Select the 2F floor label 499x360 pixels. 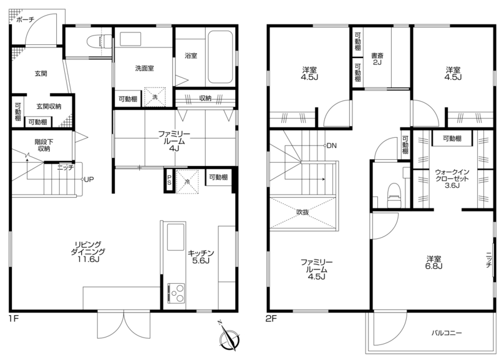[271, 318]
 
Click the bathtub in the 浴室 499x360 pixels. [220, 57]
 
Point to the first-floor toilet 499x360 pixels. [99, 42]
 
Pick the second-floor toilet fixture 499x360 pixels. [394, 195]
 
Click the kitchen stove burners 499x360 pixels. [176, 293]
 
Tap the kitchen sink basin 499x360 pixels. [175, 237]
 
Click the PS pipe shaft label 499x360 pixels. [169, 180]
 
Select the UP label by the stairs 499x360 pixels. [89, 180]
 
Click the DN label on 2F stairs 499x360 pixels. [331, 146]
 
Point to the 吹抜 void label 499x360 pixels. [303, 212]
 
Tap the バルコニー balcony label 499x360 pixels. [447, 333]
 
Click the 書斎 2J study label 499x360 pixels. [377, 59]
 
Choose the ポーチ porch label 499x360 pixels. [25, 20]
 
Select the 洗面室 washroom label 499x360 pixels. [145, 68]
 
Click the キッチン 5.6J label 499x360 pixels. [201, 257]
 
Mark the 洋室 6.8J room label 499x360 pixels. [434, 262]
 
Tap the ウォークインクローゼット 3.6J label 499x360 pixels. [452, 178]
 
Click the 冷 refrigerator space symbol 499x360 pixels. [187, 182]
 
